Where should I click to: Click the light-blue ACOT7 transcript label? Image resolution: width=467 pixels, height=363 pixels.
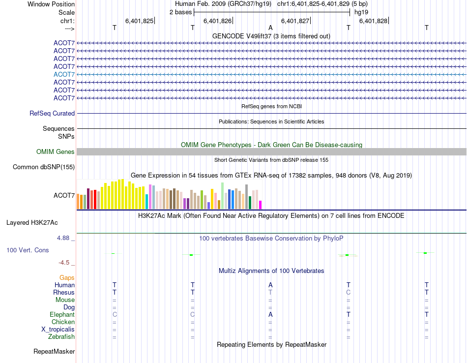[64, 74]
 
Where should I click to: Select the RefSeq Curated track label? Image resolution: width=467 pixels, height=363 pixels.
[52, 113]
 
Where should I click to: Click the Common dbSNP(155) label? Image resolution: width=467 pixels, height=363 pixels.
[44, 167]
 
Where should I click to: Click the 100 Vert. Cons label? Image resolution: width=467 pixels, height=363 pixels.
[28, 250]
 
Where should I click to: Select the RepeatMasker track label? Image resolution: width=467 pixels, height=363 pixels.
[54, 352]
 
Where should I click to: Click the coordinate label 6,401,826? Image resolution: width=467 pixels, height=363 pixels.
[217, 21]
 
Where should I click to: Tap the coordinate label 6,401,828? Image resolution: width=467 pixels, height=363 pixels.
[373, 21]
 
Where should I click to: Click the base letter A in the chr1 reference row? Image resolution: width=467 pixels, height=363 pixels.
[270, 28]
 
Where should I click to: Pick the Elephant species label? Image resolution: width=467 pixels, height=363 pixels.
[62, 315]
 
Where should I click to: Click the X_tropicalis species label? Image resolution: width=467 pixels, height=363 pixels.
[58, 330]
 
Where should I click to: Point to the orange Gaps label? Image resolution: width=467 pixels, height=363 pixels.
[67, 278]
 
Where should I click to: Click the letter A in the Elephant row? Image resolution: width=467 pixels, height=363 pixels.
[270, 315]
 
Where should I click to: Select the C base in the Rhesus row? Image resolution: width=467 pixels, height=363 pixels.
[348, 293]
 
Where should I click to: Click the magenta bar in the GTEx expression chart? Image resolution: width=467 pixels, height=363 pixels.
[261, 205]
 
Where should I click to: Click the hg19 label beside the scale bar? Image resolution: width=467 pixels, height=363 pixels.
[361, 12]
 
